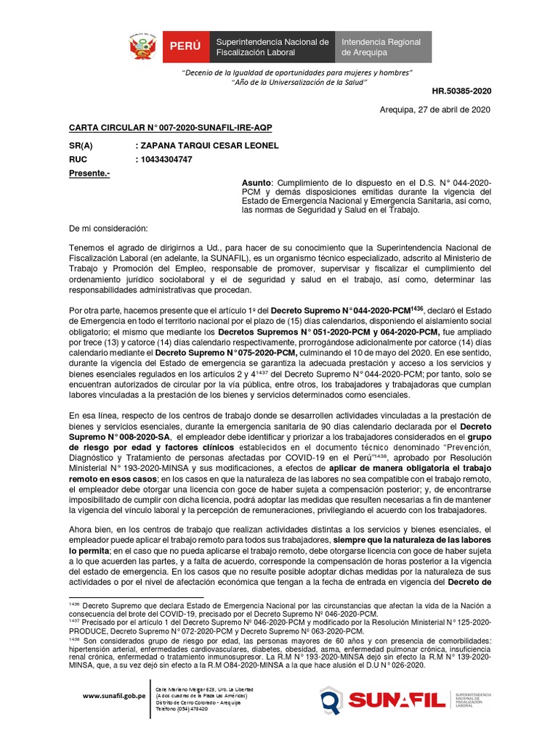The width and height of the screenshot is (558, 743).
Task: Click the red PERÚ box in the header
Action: point(185,47)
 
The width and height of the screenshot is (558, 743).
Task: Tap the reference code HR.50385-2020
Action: point(462,92)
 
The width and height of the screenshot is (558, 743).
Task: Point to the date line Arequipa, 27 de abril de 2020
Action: point(435,110)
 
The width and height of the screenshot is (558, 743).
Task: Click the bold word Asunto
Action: point(255,182)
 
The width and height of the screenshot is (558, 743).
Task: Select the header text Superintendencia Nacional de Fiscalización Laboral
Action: point(272,47)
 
